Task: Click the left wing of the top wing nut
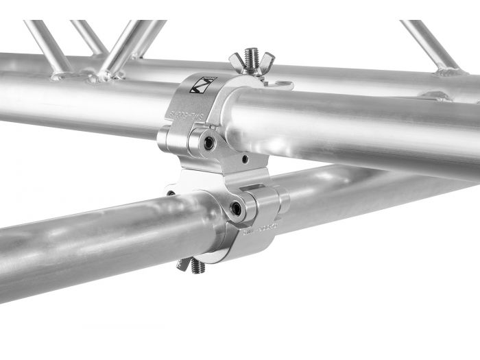coord(237,62)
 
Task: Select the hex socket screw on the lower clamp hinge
coord(237,208)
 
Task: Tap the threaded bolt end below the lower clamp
coord(197,267)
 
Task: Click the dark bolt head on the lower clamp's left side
coord(169,193)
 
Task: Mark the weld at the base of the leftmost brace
coord(62,71)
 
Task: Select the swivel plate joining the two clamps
coord(219,176)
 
